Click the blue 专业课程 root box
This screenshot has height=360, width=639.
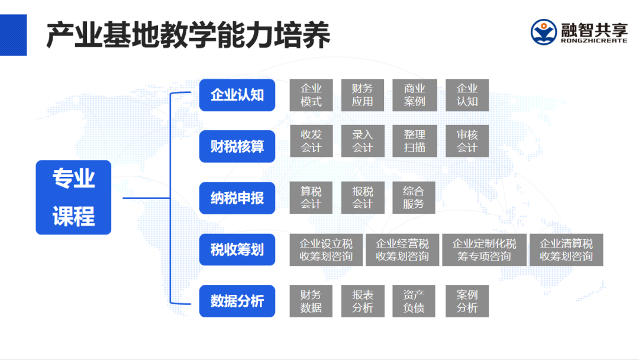[x=73, y=197]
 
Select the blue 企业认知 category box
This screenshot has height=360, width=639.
[x=237, y=95]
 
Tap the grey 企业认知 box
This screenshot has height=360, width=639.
[x=467, y=95]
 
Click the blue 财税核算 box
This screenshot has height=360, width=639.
[x=237, y=146]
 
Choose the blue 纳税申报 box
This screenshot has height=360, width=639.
[x=237, y=198]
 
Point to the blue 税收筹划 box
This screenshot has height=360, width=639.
[x=237, y=249]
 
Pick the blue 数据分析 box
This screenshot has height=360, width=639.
[x=237, y=301]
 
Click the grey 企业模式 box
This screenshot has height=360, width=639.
[x=311, y=95]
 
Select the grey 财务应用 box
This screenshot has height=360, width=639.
[x=363, y=95]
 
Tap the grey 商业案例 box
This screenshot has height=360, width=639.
[x=414, y=95]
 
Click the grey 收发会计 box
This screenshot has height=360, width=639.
[x=311, y=141]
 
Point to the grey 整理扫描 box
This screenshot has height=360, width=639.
[x=414, y=141]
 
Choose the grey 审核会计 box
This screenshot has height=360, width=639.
[x=467, y=141]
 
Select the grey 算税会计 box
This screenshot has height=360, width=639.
[x=311, y=198]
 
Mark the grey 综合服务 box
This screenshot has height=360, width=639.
[x=414, y=198]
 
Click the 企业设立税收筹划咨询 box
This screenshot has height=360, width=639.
[x=325, y=250]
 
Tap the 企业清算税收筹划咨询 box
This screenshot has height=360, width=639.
[x=566, y=250]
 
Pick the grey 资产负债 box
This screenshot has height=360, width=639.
[x=414, y=301]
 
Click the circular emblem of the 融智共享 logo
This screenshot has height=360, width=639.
[x=544, y=32]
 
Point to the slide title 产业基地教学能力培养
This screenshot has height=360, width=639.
[x=188, y=36]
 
